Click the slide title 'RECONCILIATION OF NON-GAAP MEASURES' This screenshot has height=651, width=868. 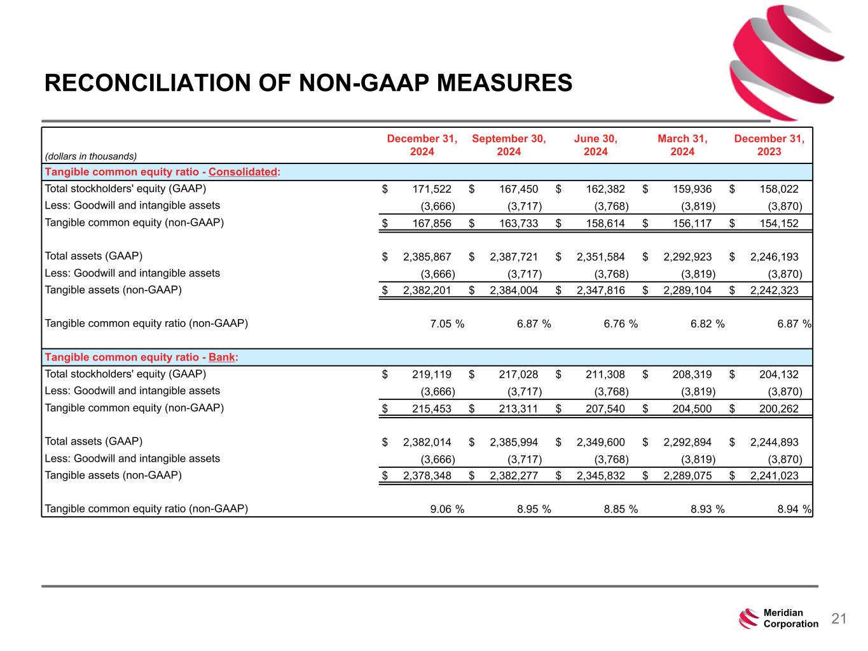(x=308, y=83)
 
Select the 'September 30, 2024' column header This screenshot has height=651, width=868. (x=509, y=145)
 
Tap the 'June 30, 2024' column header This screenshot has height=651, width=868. (x=595, y=145)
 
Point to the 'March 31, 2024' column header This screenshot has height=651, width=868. (x=682, y=145)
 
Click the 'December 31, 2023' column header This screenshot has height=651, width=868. (x=769, y=145)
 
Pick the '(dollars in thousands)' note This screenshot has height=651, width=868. (x=91, y=156)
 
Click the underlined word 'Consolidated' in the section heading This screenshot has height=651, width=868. (x=243, y=172)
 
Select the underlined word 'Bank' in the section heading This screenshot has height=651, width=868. (x=222, y=357)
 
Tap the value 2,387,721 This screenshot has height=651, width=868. (x=514, y=257)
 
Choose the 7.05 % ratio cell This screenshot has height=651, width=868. (x=447, y=324)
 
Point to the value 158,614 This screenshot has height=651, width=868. (x=605, y=223)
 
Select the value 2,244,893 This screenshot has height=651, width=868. (x=774, y=442)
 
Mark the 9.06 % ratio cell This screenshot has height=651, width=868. (x=447, y=509)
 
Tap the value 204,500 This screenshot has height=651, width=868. (x=692, y=409)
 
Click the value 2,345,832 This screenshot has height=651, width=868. (x=601, y=476)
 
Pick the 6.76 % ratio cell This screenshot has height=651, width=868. (x=621, y=324)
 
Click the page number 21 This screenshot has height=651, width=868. (x=839, y=619)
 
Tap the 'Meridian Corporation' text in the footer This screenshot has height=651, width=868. (x=790, y=619)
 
